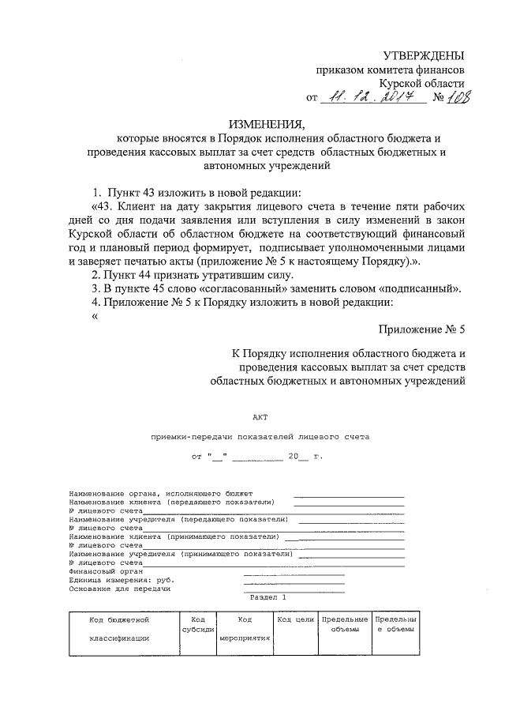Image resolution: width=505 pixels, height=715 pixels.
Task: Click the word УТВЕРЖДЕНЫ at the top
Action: (423, 55)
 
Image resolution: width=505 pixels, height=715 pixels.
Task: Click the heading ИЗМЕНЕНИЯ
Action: (266, 123)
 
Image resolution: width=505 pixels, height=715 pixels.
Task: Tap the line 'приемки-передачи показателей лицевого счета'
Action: (260, 436)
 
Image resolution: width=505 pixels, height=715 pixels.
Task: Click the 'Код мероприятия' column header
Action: (245, 629)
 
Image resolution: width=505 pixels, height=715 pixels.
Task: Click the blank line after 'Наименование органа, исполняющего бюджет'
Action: (349, 495)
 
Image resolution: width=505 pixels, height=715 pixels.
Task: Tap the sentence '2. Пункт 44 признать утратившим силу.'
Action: (192, 275)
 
